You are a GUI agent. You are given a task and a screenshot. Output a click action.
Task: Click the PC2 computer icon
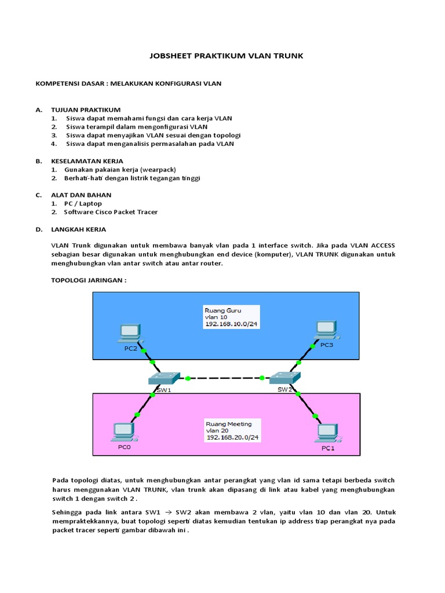pyautogui.click(x=130, y=332)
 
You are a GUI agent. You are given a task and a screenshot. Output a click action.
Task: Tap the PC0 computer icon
pyautogui.click(x=123, y=431)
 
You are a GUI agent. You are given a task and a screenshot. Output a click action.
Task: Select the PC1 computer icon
pyautogui.click(x=327, y=433)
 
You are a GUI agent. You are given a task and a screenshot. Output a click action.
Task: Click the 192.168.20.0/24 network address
pyautogui.click(x=231, y=438)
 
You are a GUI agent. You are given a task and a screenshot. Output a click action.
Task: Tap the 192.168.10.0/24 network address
pyautogui.click(x=230, y=324)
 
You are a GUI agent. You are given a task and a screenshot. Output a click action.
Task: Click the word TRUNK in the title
pyautogui.click(x=283, y=56)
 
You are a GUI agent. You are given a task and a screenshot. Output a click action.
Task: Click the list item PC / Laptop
pyautogui.click(x=83, y=203)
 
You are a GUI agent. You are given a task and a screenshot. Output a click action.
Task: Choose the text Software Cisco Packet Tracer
pyautogui.click(x=111, y=212)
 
